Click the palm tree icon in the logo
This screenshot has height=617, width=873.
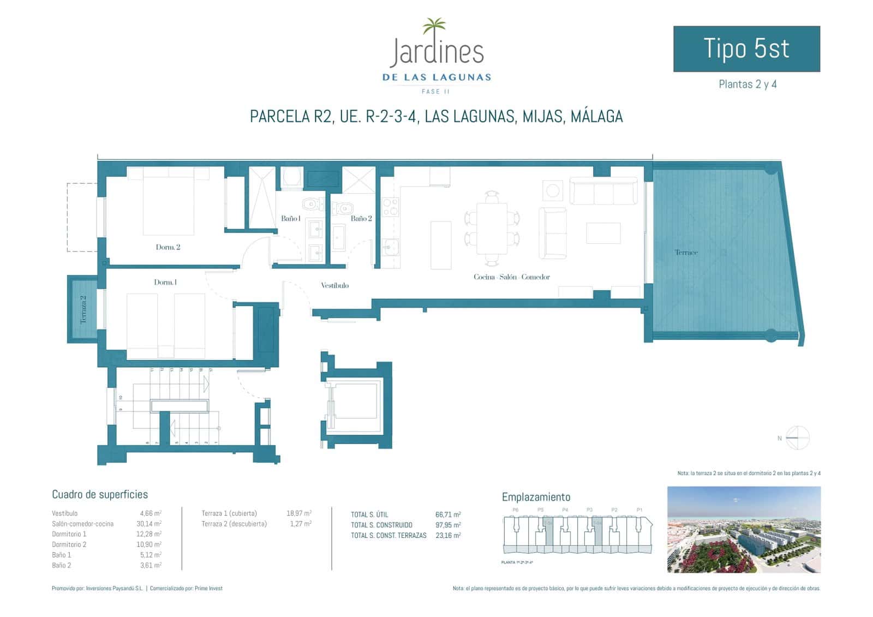[434, 26]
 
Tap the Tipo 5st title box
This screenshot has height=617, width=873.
[746, 49]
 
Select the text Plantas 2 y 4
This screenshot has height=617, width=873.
[747, 85]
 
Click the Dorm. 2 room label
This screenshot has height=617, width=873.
[168, 247]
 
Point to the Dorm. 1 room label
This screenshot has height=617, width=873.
[165, 282]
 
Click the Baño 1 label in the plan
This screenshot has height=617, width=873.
[290, 218]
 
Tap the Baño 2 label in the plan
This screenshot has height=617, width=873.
[361, 218]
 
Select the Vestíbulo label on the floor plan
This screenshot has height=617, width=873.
[334, 285]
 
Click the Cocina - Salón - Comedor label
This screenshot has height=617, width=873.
[511, 277]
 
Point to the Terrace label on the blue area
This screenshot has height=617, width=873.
[686, 253]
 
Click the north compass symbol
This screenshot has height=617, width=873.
[797, 438]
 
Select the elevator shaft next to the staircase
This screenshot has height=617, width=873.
[356, 404]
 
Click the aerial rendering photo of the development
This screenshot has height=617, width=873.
[743, 530]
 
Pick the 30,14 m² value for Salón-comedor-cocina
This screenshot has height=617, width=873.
[151, 524]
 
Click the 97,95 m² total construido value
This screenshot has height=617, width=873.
[447, 525]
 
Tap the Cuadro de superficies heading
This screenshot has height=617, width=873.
[100, 495]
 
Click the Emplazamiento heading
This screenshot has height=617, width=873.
[536, 497]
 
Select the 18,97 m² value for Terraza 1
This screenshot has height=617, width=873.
[298, 513]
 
